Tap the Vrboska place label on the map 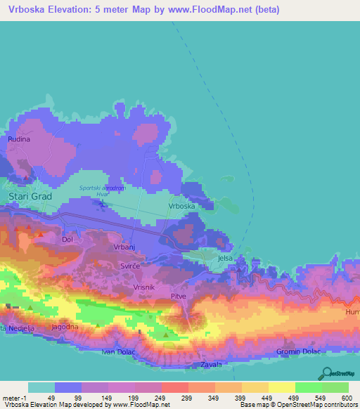point(181,207)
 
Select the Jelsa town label point(225,259)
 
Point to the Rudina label point(19,140)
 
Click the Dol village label point(67,240)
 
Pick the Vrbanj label point(124,247)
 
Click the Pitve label point(179,297)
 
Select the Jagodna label point(65,327)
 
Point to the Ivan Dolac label point(117,351)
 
